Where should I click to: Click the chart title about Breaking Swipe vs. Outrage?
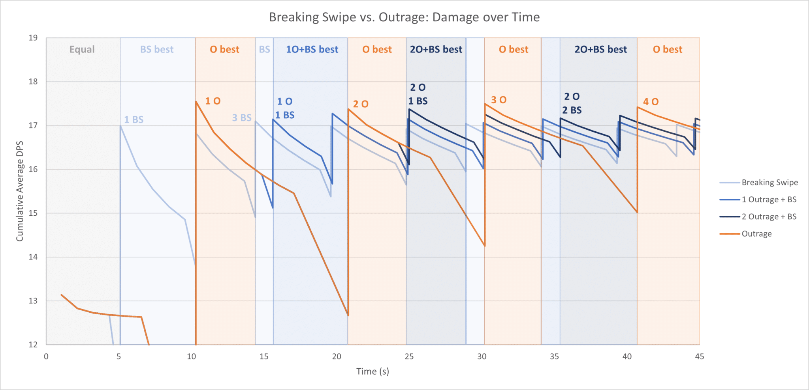(x=404, y=17)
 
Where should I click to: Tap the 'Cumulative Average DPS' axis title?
(x=20, y=191)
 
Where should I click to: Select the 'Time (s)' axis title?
(x=373, y=371)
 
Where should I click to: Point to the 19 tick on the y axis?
(x=33, y=38)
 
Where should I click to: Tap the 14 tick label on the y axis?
(x=33, y=257)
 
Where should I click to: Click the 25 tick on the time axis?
(x=409, y=357)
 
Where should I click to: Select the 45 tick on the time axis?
(x=699, y=357)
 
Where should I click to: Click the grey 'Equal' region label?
(x=82, y=50)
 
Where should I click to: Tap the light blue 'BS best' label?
(x=157, y=50)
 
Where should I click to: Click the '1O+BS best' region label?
(x=312, y=50)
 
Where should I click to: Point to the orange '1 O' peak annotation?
(x=213, y=101)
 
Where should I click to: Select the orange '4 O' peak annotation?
(x=651, y=102)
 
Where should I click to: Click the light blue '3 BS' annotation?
(x=242, y=118)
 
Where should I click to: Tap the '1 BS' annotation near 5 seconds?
(x=134, y=120)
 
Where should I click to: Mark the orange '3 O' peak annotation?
(x=499, y=100)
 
